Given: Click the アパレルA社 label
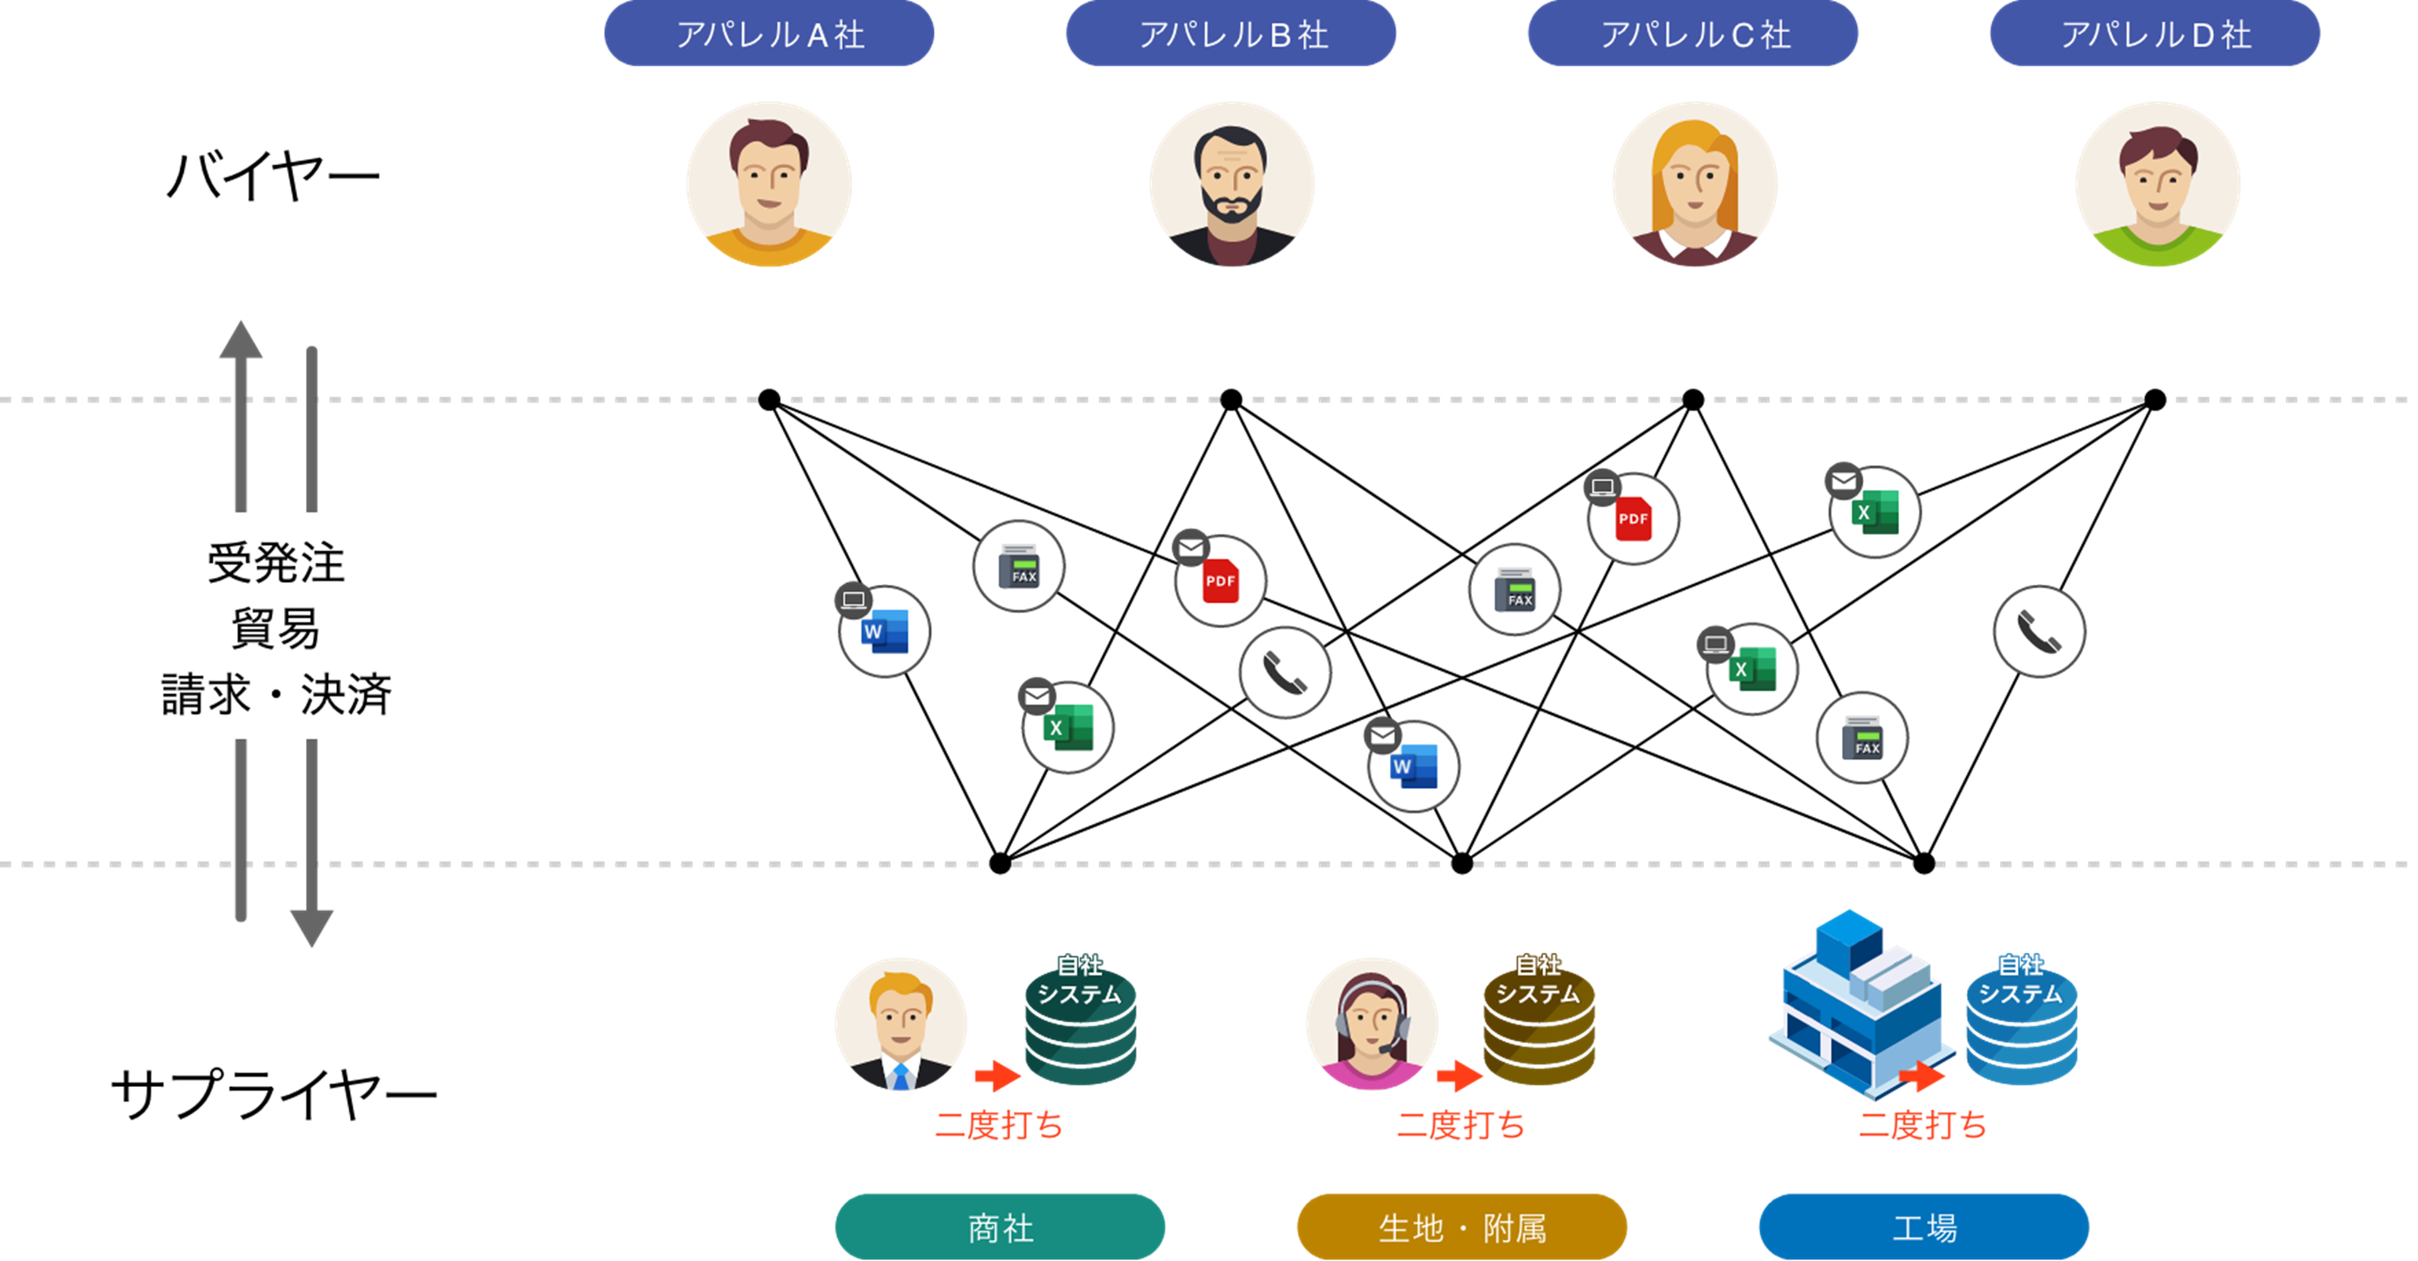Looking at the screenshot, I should (x=768, y=33).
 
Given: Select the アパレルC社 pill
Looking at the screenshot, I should (x=1693, y=33).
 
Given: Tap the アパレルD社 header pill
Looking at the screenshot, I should (x=2154, y=33).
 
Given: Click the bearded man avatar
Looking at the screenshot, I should (x=1232, y=185).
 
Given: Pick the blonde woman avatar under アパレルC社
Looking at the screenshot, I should (x=1694, y=185).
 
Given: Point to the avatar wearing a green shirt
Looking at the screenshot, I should (x=2157, y=185).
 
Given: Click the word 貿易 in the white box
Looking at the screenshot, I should (x=275, y=628).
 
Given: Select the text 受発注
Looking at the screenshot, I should (x=275, y=564).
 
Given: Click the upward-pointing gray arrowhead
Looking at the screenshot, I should (x=240, y=340).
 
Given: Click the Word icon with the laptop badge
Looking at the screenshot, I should (x=884, y=631).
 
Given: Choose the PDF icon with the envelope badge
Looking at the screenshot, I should (x=1220, y=581).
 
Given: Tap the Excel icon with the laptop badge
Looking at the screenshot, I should (x=1752, y=669).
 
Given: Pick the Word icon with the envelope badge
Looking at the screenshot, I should (x=1413, y=766).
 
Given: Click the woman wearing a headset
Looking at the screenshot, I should (x=1372, y=1024).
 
